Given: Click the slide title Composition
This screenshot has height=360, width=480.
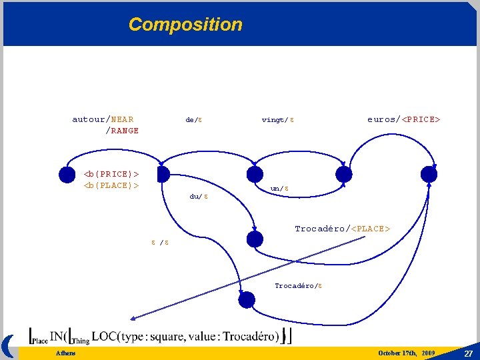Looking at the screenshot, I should pos(185,25).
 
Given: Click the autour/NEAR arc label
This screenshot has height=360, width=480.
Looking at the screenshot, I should pos(103,119).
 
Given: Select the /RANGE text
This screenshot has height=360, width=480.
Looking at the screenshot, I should pos(122,131).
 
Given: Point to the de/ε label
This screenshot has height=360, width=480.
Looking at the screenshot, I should pos(194,120).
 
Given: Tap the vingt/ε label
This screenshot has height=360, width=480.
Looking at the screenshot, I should pos(278,120).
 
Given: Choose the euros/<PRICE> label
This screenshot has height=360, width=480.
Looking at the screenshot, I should pos(403,119).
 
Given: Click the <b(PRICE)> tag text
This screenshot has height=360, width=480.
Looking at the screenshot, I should pos(111,174).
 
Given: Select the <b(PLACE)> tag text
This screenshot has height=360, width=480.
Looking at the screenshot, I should pos(111,185).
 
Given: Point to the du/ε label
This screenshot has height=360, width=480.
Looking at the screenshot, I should pos(199,197).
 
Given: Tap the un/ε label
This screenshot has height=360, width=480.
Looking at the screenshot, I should pos(279,189).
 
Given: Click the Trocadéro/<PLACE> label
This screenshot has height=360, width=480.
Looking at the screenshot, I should pos(342,229).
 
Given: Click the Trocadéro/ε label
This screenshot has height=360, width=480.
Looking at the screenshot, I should pos(299,285).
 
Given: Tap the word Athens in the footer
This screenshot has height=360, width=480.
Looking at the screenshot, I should pos(65,353).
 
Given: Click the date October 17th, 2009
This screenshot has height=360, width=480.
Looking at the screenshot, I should pos(406,352).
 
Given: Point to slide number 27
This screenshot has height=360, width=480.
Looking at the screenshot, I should pos(468,352).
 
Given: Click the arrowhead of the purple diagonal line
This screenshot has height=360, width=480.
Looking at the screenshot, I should pos(133,318).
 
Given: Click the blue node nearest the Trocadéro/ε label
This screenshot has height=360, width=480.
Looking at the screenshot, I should pos(247,300).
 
